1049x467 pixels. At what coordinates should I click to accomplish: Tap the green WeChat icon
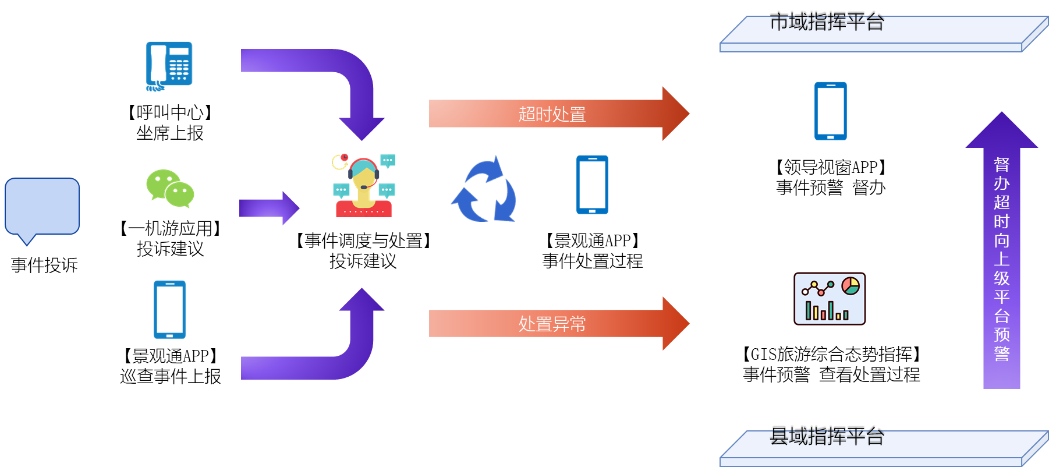coord(169,188)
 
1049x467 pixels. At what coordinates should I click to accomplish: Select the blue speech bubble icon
coord(42,207)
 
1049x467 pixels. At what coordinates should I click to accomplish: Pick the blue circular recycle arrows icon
coord(484,189)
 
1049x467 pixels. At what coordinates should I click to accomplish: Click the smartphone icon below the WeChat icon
coord(169,309)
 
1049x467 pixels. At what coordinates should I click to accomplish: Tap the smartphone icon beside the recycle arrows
coord(592,185)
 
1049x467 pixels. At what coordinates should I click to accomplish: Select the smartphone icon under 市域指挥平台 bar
coord(830,111)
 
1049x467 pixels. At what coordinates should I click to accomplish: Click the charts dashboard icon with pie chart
coord(829,299)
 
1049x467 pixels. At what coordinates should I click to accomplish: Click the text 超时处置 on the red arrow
coord(552,114)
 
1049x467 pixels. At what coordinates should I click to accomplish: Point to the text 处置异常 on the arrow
coord(552,324)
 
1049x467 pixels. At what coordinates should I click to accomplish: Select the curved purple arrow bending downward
coord(326,76)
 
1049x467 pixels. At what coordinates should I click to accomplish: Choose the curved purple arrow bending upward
coord(326,355)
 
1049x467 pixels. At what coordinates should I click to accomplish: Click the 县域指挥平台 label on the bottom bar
coord(827,438)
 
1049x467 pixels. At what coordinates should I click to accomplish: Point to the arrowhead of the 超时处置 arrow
coord(675,114)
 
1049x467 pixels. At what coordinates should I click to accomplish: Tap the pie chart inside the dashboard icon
coord(850,286)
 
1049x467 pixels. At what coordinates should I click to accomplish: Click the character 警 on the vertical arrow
coord(1001,353)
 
